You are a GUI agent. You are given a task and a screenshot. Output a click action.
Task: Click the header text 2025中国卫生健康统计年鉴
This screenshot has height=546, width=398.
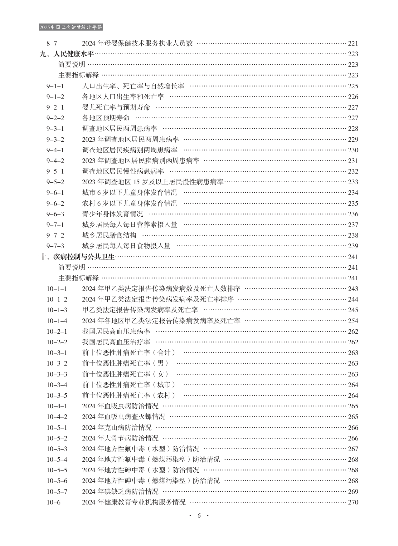(x=71, y=27)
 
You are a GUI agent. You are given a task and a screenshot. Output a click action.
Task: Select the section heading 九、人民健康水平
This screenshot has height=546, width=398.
(x=67, y=54)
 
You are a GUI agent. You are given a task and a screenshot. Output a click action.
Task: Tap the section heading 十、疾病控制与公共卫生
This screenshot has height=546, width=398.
(x=78, y=257)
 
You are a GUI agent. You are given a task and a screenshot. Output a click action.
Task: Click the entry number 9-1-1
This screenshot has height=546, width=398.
(x=55, y=86)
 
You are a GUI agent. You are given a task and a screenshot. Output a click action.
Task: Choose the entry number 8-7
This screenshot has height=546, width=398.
(x=52, y=43)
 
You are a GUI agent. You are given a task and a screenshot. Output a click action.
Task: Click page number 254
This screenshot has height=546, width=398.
(x=353, y=321)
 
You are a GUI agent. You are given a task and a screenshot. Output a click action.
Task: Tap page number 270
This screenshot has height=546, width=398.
(x=353, y=502)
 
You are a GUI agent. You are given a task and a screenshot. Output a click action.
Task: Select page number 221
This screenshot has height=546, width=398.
(x=353, y=43)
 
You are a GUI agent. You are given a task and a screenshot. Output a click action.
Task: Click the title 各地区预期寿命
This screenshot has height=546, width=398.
(x=106, y=118)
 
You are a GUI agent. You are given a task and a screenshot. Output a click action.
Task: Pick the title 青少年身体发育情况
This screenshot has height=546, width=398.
(x=113, y=214)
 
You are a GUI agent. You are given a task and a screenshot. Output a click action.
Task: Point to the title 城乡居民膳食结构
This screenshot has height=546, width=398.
(x=109, y=235)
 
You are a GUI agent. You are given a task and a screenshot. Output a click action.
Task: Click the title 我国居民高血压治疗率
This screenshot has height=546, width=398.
(x=116, y=342)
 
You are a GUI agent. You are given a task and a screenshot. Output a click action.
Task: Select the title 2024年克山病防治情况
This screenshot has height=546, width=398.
(x=117, y=428)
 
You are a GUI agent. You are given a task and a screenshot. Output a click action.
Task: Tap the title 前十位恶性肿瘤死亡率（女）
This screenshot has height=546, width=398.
(x=125, y=374)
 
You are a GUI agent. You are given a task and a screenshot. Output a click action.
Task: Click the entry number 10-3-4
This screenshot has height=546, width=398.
(x=57, y=385)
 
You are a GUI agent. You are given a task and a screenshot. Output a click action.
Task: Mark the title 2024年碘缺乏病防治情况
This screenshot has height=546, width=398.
(x=120, y=492)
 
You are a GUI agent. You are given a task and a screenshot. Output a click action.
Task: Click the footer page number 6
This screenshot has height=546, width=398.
(x=199, y=515)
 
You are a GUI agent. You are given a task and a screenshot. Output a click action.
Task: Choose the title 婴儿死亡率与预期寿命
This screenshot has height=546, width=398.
(x=116, y=107)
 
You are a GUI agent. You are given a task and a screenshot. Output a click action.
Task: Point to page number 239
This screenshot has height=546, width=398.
(x=353, y=246)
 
